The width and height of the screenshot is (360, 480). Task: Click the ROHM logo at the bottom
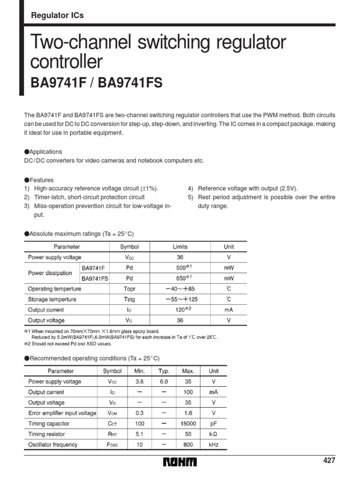pos(180,462)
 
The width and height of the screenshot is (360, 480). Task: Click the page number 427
pos(330,460)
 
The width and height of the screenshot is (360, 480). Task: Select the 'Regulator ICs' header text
pos(57,15)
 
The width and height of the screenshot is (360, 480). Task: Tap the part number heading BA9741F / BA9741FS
pos(97,83)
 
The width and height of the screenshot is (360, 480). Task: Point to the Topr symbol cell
pos(129,289)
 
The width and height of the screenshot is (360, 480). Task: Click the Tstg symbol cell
pos(129,299)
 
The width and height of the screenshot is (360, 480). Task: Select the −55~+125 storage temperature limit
pos(180,299)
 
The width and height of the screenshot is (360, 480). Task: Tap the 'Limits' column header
pos(180,247)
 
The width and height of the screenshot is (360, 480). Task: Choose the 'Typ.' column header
pos(164,371)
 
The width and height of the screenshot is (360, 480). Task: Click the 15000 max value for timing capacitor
pos(188,424)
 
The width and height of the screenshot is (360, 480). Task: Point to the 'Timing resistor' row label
pos(46,434)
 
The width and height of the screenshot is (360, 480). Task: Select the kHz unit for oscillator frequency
pos(213,445)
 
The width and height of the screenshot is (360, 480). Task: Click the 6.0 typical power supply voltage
pos(164,382)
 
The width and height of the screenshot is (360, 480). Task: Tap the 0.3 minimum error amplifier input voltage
pos(139,413)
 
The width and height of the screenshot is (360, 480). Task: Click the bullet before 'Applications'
pos(27,152)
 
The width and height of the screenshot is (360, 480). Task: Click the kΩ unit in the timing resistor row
pos(213,434)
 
